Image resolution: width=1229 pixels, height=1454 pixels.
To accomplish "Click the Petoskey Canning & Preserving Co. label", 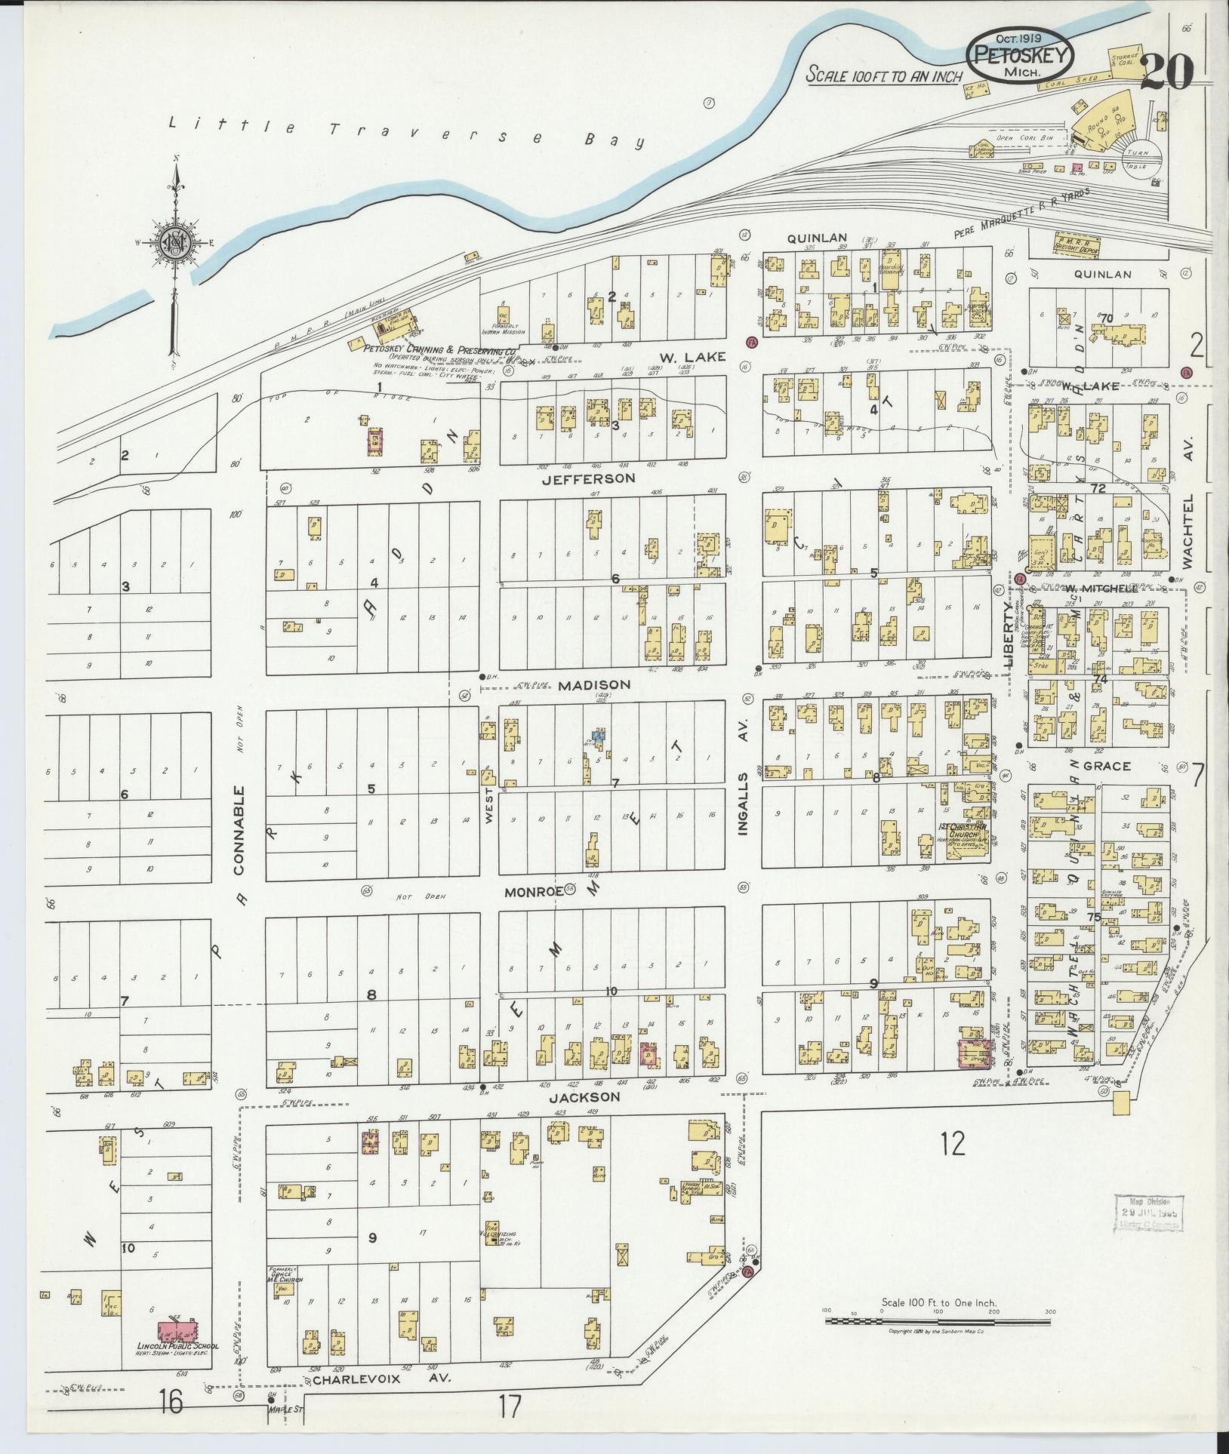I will pyautogui.click(x=439, y=350).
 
